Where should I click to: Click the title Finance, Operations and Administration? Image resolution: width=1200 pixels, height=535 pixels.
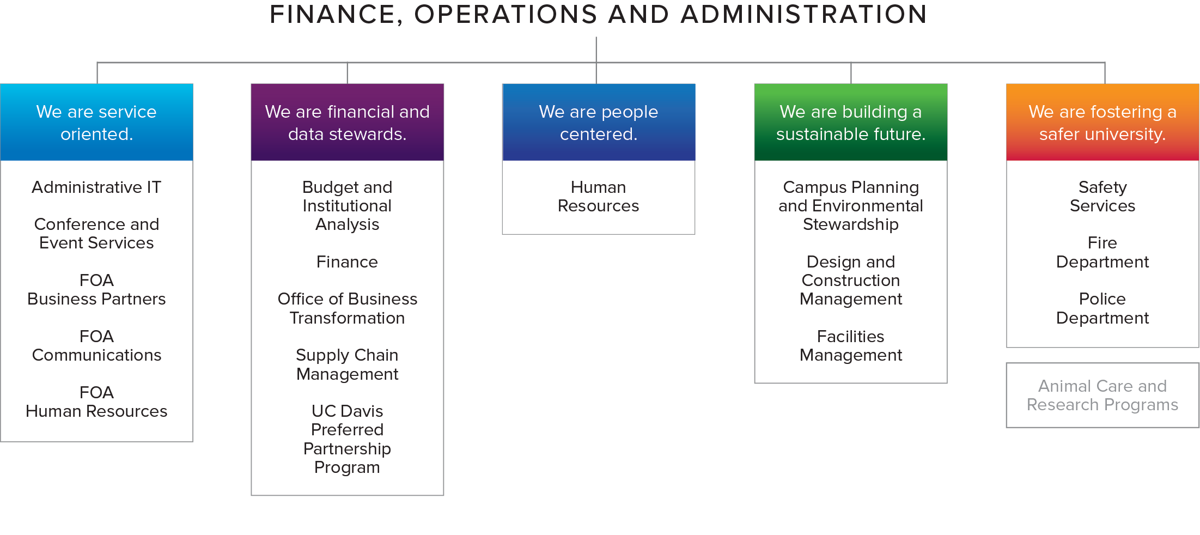tap(598, 15)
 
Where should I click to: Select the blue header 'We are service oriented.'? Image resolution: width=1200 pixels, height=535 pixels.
tap(97, 122)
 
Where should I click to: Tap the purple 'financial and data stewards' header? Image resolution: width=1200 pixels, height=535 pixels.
tap(348, 122)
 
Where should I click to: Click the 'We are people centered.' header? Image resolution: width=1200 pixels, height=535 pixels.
tap(599, 122)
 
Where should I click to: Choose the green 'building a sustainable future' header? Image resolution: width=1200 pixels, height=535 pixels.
tap(851, 122)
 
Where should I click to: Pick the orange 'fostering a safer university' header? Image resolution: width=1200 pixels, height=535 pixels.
tap(1102, 122)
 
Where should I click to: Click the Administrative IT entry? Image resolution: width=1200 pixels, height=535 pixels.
tap(96, 187)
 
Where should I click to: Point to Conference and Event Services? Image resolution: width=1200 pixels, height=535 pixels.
tap(96, 234)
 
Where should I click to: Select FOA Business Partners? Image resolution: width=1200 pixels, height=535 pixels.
tap(96, 289)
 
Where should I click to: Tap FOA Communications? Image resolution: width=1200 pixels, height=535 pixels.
tap(96, 345)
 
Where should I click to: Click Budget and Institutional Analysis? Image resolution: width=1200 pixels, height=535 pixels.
tap(348, 205)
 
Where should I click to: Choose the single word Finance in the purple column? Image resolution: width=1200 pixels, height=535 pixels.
tap(348, 262)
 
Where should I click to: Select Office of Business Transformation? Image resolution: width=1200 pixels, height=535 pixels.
tap(348, 308)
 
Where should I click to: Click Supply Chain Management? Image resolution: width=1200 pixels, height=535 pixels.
tap(348, 364)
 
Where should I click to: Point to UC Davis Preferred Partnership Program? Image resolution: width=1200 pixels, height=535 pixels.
tap(348, 439)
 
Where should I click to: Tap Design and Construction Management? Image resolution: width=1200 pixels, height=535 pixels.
tap(851, 280)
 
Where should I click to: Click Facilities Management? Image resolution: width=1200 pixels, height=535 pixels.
tap(851, 345)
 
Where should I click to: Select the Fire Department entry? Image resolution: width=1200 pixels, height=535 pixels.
tap(1102, 252)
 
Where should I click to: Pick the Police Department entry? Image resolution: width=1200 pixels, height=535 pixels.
tap(1102, 308)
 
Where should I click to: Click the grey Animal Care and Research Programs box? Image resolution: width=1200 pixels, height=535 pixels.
tap(1102, 396)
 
